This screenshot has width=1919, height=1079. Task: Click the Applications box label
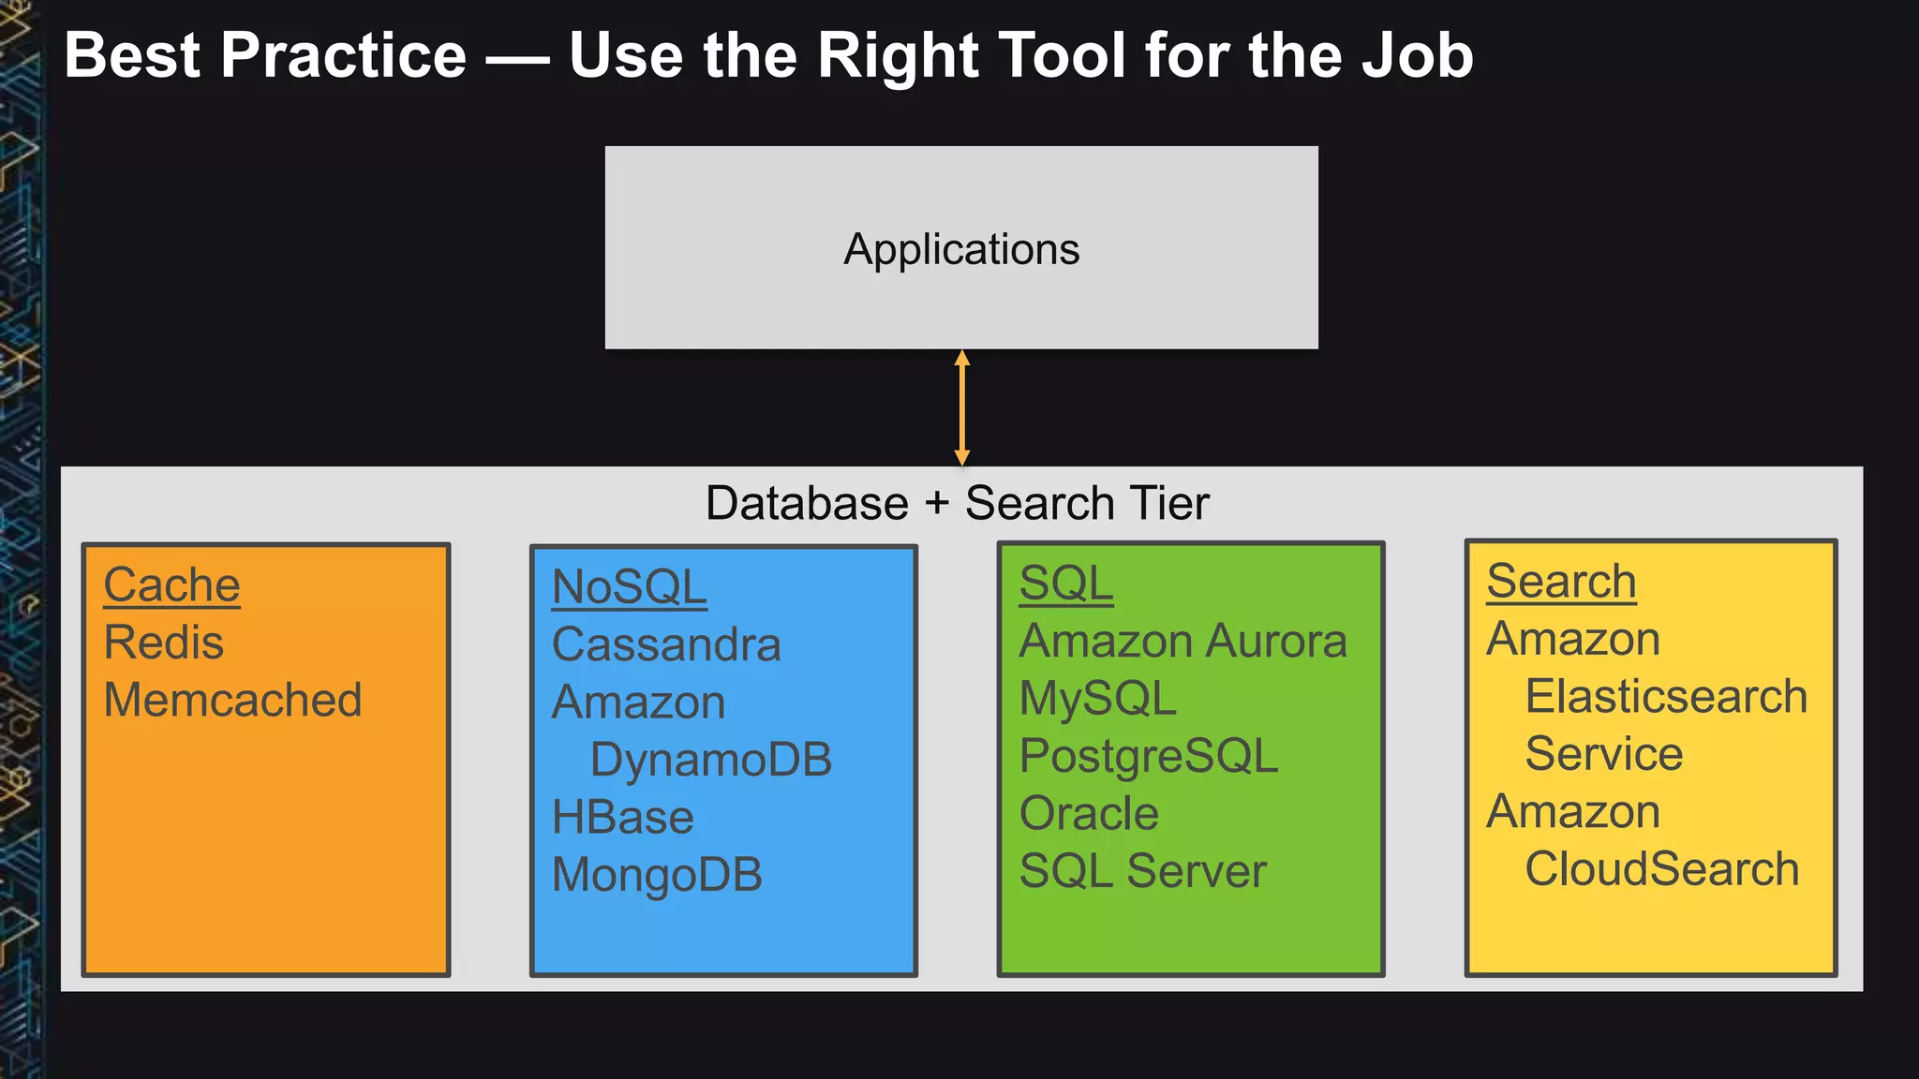[x=961, y=250]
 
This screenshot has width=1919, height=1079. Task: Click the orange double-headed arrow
[x=961, y=407]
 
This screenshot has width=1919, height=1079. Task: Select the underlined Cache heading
[x=171, y=585]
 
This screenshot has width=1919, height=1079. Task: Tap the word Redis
[x=164, y=643]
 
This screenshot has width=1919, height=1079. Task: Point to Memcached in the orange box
[x=232, y=701]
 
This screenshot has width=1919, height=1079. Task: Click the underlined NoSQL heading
[x=629, y=588]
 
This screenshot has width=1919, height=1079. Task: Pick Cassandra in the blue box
[x=666, y=645]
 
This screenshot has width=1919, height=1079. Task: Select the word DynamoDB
[x=710, y=760]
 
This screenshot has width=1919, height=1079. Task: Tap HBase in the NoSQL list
[x=622, y=818]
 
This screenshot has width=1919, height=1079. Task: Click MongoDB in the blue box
[x=657, y=875]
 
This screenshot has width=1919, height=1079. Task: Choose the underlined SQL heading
[x=1065, y=584]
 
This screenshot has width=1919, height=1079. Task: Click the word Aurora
[x=1276, y=642]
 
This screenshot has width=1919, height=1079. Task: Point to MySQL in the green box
[x=1097, y=699]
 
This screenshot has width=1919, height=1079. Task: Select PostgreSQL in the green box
[x=1148, y=756]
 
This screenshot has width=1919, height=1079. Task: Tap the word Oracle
[x=1089, y=814]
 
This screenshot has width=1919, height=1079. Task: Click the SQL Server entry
[x=1142, y=871]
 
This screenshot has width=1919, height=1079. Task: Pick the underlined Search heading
[x=1561, y=582]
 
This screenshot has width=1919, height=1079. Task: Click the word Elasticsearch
[x=1666, y=697]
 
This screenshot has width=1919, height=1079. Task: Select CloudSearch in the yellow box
[x=1661, y=869]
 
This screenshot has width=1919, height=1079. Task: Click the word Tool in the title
[x=1061, y=56]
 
